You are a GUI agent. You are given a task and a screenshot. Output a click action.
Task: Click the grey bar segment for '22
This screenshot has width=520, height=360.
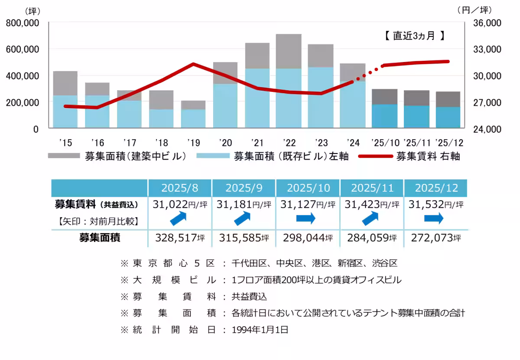coord(289,51)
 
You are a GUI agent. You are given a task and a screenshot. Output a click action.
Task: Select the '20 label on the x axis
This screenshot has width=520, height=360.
coord(225,143)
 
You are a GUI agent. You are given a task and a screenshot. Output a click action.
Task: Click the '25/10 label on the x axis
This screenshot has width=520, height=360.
coord(385,143)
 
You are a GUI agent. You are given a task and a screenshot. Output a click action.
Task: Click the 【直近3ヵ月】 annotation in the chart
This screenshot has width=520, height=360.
coord(415,36)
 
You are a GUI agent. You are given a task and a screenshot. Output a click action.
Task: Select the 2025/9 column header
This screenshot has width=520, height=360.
coord(244,188)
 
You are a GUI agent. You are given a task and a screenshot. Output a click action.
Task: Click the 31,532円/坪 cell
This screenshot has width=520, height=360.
coord(435,204)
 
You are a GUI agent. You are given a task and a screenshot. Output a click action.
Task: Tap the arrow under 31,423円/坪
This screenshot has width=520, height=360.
coord(371,219)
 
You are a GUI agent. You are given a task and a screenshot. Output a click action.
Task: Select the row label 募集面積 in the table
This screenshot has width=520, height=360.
coord(100,238)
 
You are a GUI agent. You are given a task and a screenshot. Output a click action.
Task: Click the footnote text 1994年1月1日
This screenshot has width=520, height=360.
coord(260,330)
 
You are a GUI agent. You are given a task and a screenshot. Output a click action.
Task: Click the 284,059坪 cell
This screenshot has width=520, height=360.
coord(371,238)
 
